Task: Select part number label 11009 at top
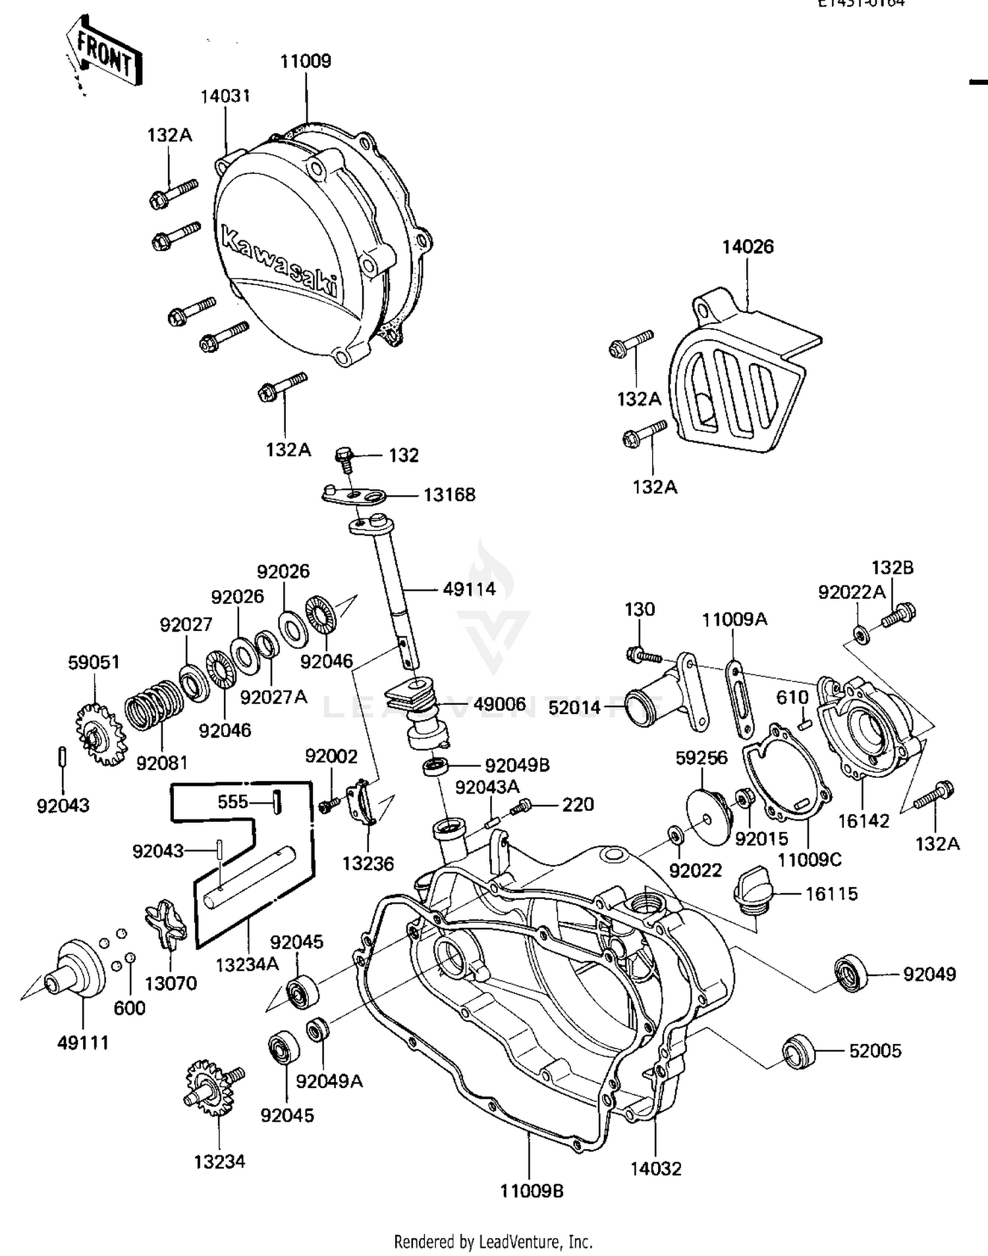click(306, 62)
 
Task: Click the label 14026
click(748, 247)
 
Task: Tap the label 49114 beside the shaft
click(469, 589)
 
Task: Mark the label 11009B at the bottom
click(532, 1191)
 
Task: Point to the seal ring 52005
click(799, 1051)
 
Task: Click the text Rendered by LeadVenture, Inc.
click(493, 1242)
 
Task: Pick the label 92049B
click(517, 765)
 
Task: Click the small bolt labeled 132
click(345, 458)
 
